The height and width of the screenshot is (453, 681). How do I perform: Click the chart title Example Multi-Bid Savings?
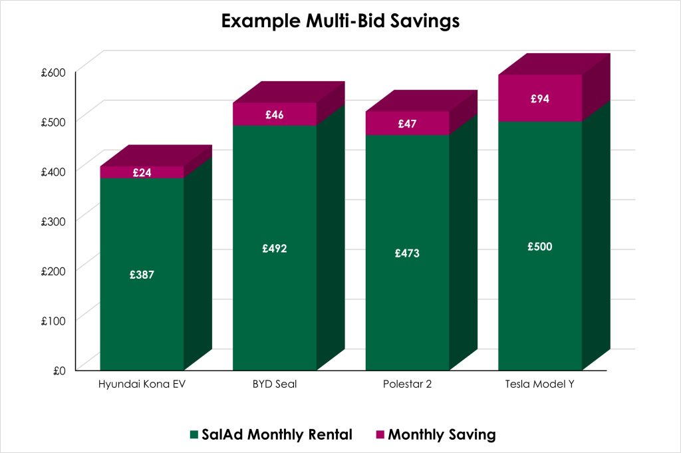click(340, 21)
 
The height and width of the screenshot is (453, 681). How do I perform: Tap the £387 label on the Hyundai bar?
click(142, 274)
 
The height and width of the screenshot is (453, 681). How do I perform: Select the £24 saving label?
click(142, 172)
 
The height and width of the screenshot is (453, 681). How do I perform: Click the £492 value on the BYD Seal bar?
click(274, 248)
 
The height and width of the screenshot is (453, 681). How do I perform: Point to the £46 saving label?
click(274, 114)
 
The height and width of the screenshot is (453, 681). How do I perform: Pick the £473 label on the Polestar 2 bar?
click(407, 253)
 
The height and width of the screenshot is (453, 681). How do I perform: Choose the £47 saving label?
click(407, 124)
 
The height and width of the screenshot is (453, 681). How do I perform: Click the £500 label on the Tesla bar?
click(540, 246)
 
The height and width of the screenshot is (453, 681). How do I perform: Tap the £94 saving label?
click(540, 98)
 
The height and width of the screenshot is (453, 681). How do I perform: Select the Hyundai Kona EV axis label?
click(141, 385)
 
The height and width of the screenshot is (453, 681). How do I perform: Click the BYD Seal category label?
click(274, 385)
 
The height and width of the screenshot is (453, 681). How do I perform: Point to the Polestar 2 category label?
click(407, 385)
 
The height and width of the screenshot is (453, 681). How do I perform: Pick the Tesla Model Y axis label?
click(540, 385)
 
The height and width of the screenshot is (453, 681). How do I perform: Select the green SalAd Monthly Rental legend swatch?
click(194, 435)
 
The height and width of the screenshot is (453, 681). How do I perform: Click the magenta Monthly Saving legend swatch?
click(380, 435)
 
